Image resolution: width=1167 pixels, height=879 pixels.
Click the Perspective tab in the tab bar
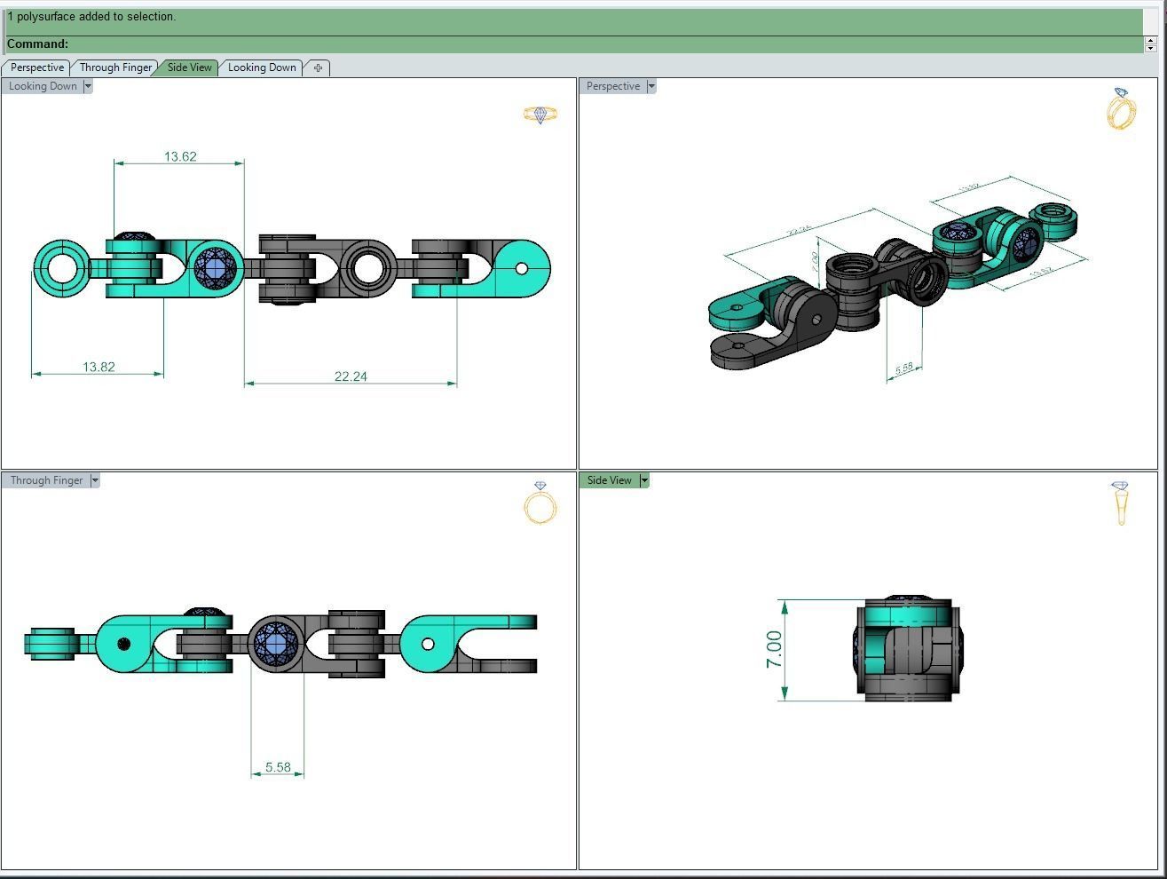click(x=37, y=67)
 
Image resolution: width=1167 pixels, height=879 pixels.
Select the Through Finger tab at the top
click(x=115, y=67)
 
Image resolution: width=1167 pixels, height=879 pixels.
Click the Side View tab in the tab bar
click(x=189, y=67)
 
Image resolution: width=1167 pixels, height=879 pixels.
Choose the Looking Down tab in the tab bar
click(x=262, y=67)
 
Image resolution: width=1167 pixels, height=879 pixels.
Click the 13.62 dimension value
click(x=180, y=157)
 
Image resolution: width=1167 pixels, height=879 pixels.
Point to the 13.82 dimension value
click(x=99, y=367)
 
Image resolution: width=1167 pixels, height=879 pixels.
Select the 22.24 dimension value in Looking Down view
click(x=351, y=376)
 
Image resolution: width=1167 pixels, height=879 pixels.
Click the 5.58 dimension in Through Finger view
click(x=278, y=767)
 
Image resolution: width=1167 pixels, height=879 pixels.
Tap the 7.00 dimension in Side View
click(x=774, y=650)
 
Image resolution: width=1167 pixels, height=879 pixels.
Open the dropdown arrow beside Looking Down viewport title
click(x=88, y=86)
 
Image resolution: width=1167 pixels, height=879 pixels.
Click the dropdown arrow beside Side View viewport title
click(x=644, y=480)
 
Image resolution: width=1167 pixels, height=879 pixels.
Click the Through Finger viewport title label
click(x=46, y=480)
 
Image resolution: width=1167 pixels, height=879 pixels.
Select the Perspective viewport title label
click(x=612, y=86)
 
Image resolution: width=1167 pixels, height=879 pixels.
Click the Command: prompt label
click(x=37, y=44)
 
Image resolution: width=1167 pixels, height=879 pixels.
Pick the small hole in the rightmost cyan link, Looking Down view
click(x=521, y=268)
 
